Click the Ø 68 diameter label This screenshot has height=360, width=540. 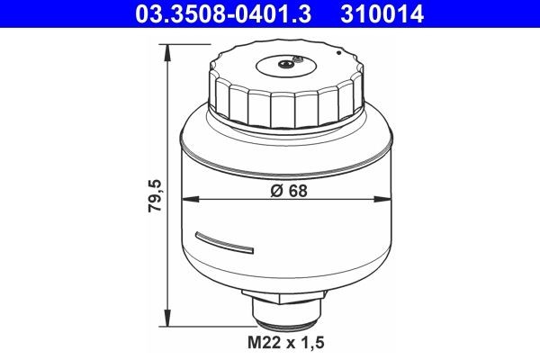pos(285,189)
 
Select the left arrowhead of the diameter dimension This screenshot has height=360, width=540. pos(186,199)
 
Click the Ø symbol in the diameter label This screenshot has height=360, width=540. pos(274,189)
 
